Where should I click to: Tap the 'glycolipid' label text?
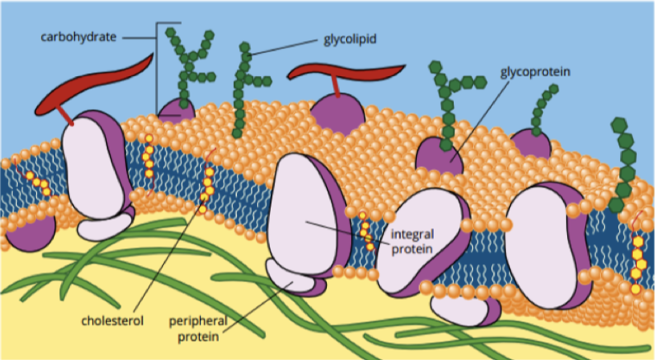[349, 38]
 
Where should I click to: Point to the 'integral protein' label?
[413, 242]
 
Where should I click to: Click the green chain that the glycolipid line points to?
[242, 88]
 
